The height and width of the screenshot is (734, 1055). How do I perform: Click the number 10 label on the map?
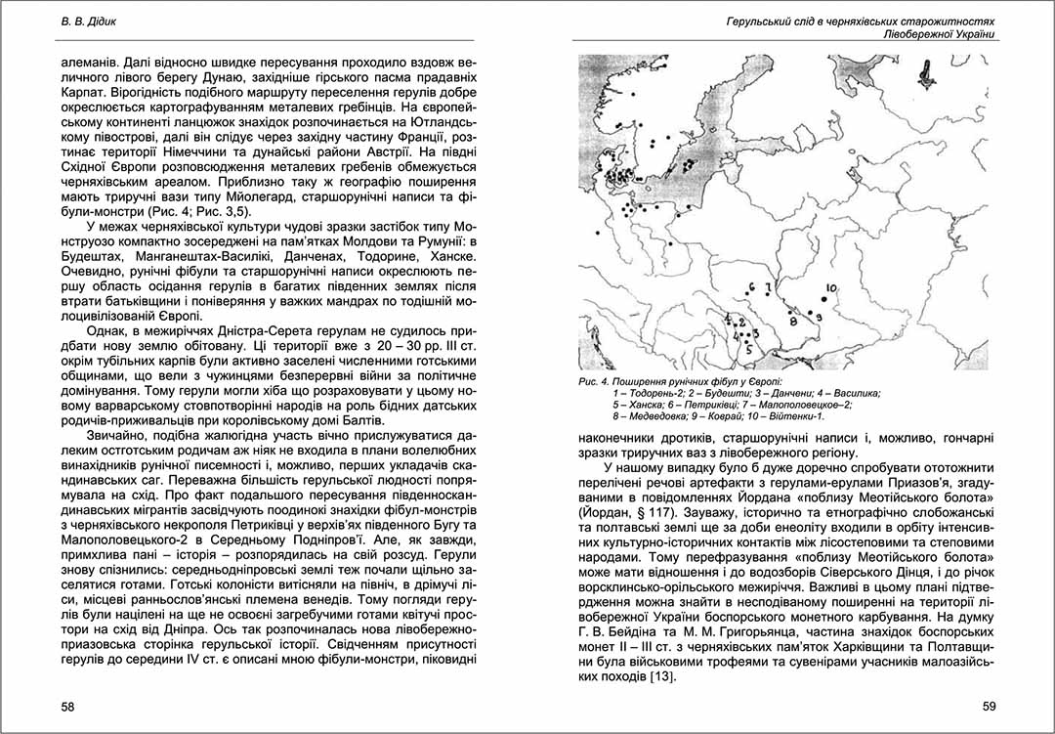click(x=831, y=288)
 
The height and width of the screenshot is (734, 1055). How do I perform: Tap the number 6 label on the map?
click(x=751, y=286)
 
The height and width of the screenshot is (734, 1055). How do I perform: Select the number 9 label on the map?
click(x=820, y=319)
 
